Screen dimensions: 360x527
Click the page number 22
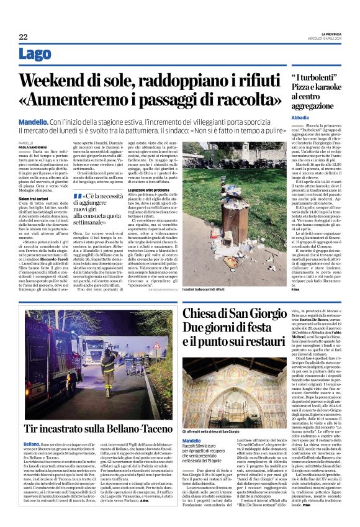click(23, 37)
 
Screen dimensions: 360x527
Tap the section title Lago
click(36, 54)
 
